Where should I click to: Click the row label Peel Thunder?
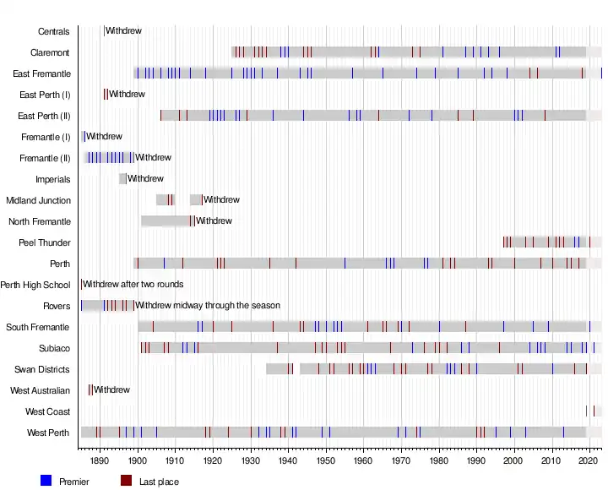coord(45,242)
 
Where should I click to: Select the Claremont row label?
coord(50,52)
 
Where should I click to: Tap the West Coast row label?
coord(48,411)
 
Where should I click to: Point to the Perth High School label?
coord(35,285)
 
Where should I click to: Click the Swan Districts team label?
coord(42,369)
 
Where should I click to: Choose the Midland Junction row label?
coord(39,200)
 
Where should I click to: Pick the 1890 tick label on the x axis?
coord(100,460)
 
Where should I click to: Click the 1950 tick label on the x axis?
coord(325,460)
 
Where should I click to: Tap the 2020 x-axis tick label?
coord(589,460)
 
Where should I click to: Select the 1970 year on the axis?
coord(400,460)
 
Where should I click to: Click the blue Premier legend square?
coord(46,481)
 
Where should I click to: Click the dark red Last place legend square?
coord(126,481)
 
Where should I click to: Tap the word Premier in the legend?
coord(74,482)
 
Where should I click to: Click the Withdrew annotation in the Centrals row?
coord(123,31)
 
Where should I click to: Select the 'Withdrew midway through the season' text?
coord(208,306)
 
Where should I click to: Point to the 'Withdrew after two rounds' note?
coord(133,285)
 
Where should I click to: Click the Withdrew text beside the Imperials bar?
coord(145,179)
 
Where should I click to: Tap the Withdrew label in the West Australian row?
coord(111,390)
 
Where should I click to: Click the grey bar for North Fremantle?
coord(166,221)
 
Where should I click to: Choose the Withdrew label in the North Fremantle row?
coord(214,221)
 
